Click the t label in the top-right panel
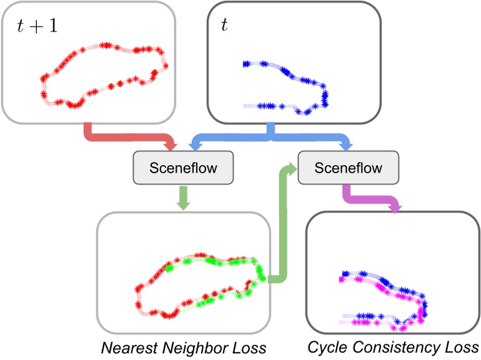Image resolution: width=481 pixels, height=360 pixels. click(x=225, y=24)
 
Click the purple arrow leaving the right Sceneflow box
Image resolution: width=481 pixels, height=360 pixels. click(x=375, y=200)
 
